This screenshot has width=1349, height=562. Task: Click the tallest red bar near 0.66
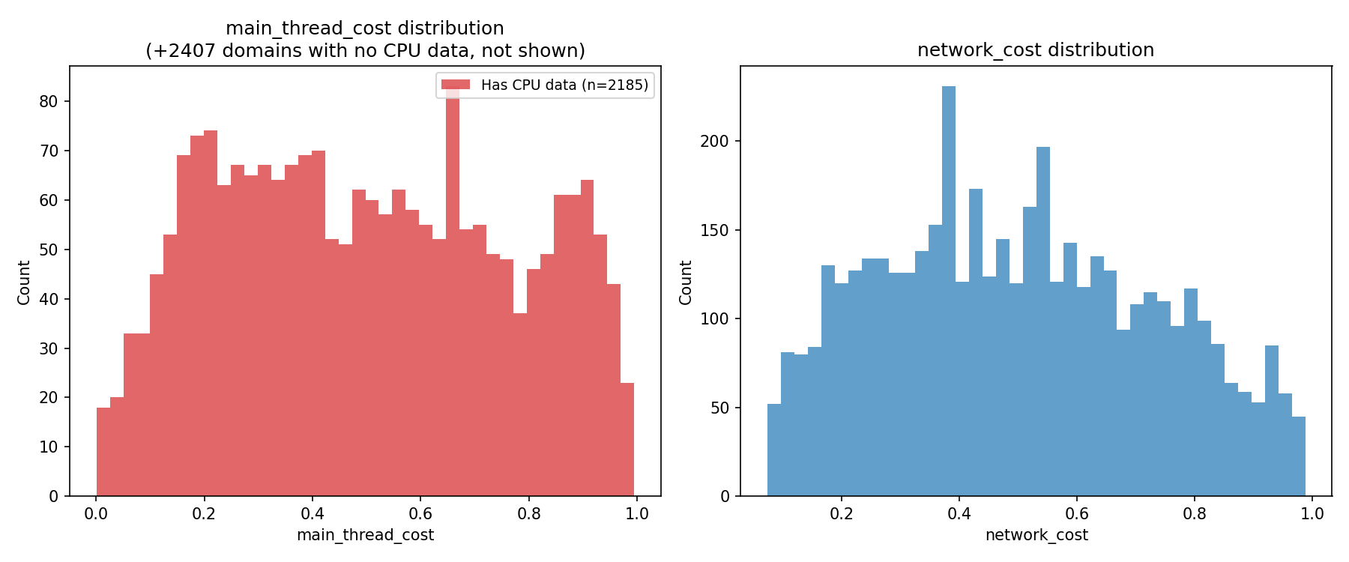tap(453, 300)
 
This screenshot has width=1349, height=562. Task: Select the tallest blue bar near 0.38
tap(949, 300)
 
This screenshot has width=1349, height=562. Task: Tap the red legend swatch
tap(456, 85)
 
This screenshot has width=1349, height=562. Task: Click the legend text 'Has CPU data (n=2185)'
tap(564, 85)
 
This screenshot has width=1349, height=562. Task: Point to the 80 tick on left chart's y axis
tap(49, 102)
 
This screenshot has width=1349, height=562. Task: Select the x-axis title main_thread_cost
tap(365, 535)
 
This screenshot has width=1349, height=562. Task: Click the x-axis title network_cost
tap(1036, 535)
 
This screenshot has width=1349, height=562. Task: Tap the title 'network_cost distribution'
tap(1036, 50)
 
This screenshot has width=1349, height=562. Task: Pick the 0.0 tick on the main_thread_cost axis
tap(96, 514)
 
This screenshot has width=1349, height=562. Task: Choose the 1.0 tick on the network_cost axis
tap(1312, 514)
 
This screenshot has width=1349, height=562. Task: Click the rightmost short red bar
tap(627, 442)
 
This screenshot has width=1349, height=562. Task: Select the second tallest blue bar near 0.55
tap(1043, 322)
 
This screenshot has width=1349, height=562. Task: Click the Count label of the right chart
tap(686, 282)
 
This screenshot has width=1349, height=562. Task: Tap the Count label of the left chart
tap(24, 282)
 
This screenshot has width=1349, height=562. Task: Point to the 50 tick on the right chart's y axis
tap(719, 408)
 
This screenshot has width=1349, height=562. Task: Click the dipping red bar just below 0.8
tap(520, 405)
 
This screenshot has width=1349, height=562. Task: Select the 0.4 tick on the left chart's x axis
tap(312, 514)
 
